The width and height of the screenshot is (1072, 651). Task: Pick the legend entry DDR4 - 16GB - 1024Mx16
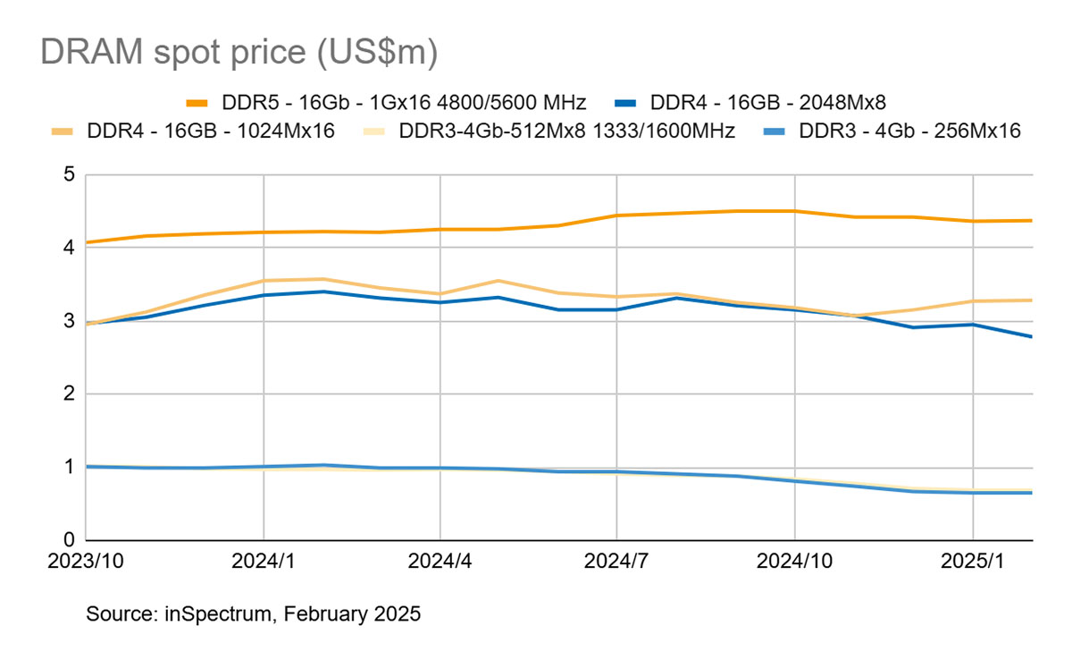211,131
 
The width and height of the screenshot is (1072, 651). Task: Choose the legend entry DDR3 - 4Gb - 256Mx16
909,131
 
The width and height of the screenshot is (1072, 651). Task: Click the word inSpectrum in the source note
207,614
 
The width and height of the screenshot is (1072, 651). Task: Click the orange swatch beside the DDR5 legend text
197,101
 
